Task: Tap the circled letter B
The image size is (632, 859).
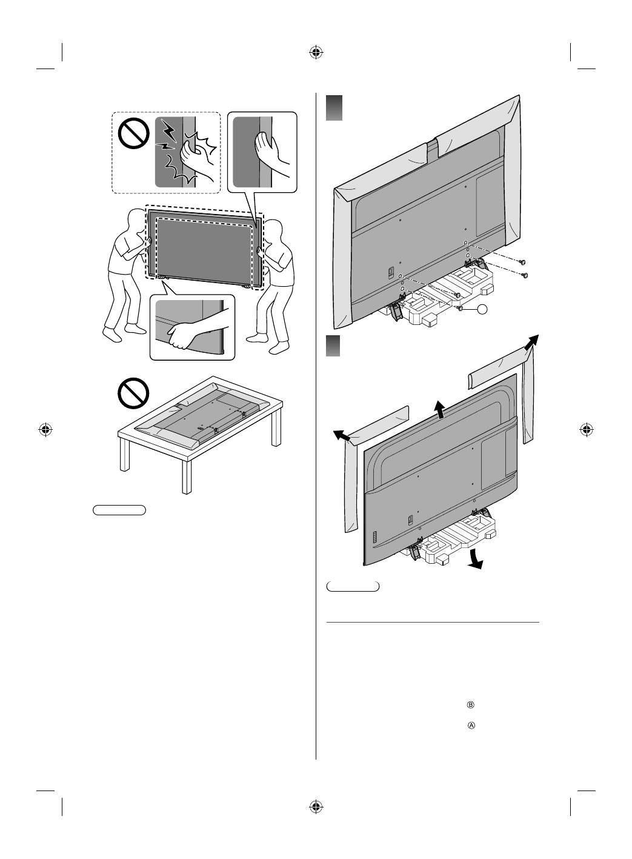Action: (470, 705)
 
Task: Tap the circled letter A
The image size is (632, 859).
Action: (470, 726)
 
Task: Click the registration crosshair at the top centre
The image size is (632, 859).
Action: (315, 52)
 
